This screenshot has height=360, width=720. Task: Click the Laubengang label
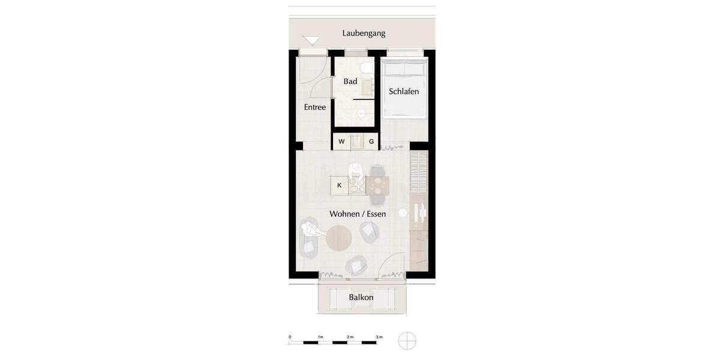pos(364,34)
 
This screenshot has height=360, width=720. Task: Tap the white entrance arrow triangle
pos(312,41)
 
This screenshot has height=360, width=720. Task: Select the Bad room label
pos(350,81)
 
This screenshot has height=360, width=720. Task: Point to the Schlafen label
pos(404,92)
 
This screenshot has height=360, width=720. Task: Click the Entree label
pos(315,107)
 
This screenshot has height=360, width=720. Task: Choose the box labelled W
pos(341,142)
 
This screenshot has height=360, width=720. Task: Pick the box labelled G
pos(371,142)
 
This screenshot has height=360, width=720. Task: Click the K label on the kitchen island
pos(340,185)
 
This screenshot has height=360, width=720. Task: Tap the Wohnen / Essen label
pos(358,214)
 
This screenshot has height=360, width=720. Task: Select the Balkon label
pos(361,297)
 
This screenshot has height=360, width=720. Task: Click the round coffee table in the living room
pos(339,239)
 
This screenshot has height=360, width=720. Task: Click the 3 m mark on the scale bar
pos(379,337)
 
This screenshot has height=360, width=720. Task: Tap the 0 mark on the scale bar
pos(290,337)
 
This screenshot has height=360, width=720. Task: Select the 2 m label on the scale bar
pos(350,337)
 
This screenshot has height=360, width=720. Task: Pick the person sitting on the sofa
pos(310,229)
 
